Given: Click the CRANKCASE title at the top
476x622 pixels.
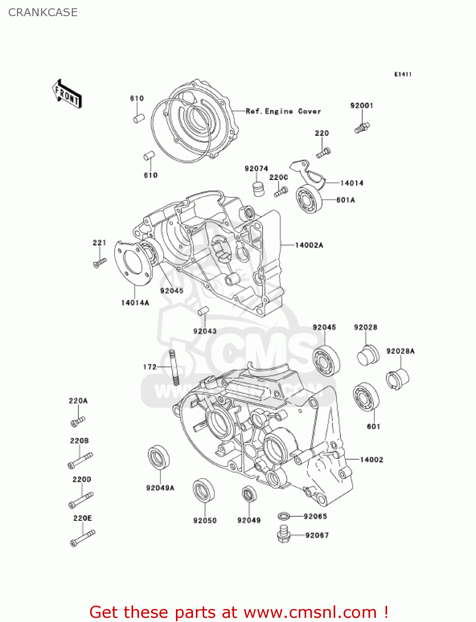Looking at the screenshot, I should point(43,12).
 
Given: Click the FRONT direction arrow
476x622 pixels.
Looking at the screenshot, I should point(67,94).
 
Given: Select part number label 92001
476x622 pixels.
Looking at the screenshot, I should point(361,105).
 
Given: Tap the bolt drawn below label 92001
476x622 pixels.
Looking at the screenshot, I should point(362,128).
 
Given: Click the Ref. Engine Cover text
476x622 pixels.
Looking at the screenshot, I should point(283,111).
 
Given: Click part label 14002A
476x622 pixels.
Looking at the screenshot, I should point(309,245).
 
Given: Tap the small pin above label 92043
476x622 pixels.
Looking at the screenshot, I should point(203,311).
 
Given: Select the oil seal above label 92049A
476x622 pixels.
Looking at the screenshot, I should point(159,457).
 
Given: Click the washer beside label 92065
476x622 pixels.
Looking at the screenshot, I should point(283,516).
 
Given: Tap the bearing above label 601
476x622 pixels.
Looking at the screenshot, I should point(366,397).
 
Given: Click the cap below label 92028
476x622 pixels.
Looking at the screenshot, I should point(368,355).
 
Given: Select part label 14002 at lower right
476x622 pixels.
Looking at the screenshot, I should point(371,459).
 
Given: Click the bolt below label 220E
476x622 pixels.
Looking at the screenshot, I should point(83,537).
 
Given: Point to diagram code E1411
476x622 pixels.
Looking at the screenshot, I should point(403,74).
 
